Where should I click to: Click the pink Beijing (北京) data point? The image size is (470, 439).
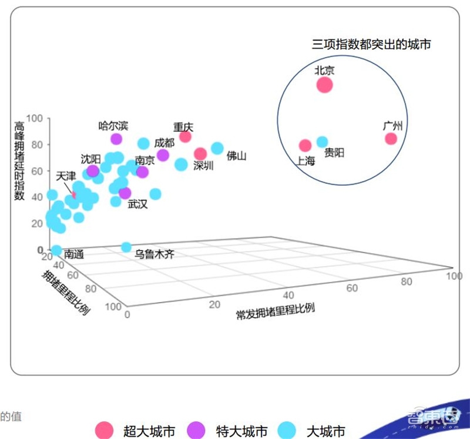point(324,85)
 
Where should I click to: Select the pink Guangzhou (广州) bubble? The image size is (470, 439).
point(391,139)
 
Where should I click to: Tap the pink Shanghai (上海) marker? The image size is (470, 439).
point(305,145)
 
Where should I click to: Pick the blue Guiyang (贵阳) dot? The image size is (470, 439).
point(322,142)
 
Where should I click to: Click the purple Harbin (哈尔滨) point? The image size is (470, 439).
point(116,139)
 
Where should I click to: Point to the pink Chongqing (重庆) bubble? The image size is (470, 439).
point(185,137)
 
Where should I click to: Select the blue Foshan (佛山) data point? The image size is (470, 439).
point(217,148)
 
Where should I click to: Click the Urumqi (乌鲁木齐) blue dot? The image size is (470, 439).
point(126,247)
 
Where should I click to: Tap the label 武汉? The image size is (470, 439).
point(137,204)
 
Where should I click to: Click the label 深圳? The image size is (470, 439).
point(203,166)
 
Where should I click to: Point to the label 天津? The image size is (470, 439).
point(66,176)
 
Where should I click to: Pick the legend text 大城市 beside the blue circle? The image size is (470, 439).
point(325,431)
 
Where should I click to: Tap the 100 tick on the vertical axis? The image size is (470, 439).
point(35,118)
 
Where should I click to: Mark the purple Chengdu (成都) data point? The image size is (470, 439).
point(163,155)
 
